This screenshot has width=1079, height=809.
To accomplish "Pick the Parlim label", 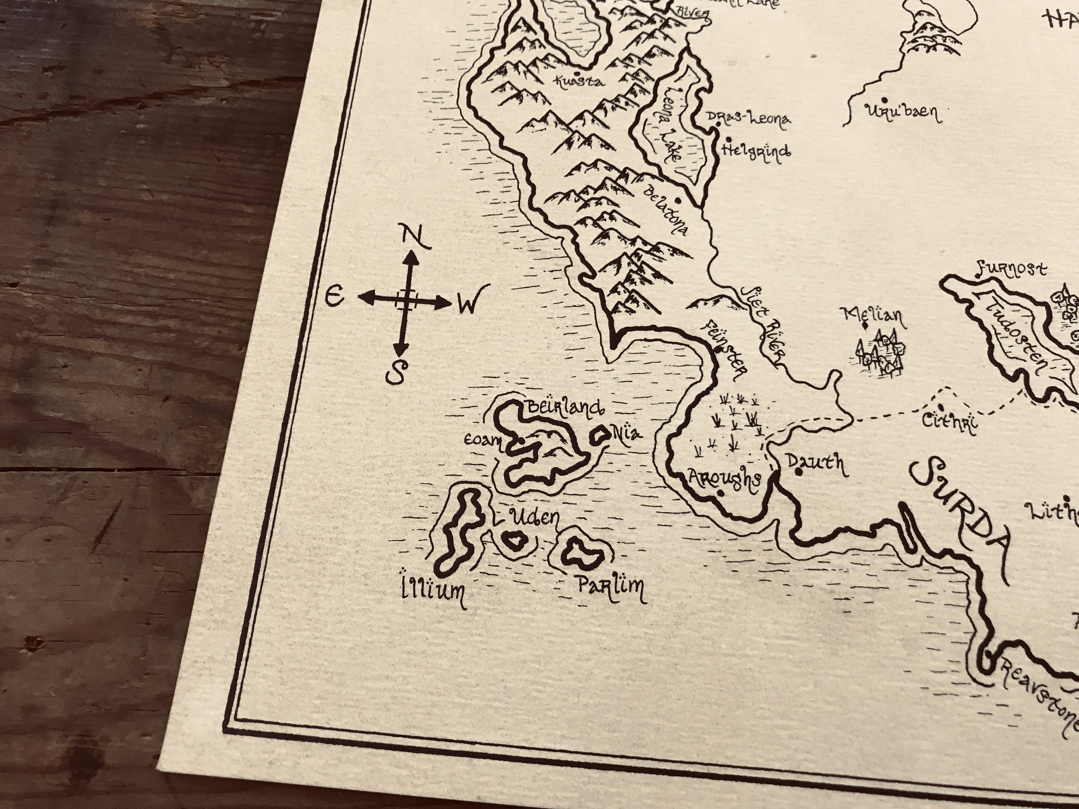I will [x=610, y=587].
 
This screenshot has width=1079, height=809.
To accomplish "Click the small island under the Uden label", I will [x=514, y=541].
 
